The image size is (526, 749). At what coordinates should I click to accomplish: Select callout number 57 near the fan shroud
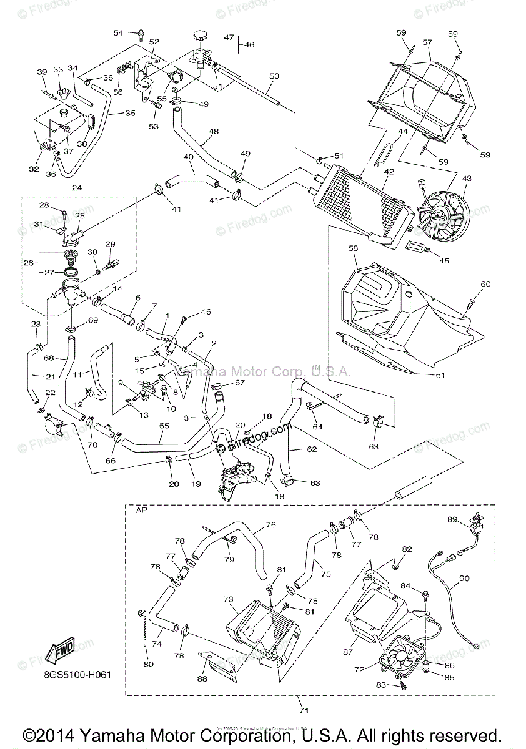tap(427, 42)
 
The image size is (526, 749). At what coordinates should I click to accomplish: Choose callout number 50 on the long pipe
tap(274, 76)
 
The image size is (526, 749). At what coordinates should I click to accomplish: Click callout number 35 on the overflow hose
tap(130, 114)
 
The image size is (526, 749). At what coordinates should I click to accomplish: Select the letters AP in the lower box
tap(141, 510)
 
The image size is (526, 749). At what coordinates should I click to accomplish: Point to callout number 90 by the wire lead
tap(463, 579)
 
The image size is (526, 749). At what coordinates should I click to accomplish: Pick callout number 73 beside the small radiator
tap(228, 599)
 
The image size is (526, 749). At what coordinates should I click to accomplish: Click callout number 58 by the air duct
tap(353, 248)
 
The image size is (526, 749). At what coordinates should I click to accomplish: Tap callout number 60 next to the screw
tap(485, 285)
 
